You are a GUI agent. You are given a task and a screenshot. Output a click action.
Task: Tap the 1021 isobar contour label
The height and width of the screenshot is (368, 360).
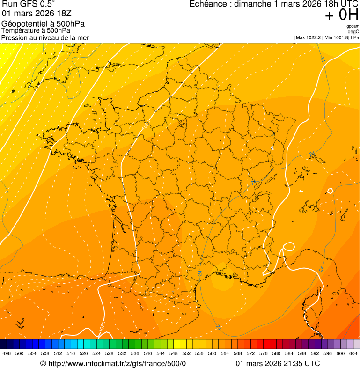[146, 126]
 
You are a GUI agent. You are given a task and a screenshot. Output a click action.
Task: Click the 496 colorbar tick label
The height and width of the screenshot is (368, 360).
[7, 353]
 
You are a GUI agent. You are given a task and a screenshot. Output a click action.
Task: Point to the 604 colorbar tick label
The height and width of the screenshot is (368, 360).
[353, 353]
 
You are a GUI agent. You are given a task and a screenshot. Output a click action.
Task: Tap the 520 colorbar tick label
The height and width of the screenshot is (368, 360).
[84, 353]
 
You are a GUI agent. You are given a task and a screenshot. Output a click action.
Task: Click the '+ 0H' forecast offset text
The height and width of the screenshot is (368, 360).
[342, 15]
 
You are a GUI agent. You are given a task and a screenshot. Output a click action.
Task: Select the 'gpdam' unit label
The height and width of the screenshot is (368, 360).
[353, 26]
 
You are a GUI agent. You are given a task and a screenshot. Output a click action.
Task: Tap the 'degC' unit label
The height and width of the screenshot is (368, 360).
[353, 32]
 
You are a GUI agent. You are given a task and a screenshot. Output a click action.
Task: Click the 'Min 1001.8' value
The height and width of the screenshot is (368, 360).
[338, 37]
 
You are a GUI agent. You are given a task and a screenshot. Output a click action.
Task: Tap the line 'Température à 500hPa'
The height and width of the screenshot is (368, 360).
[39, 31]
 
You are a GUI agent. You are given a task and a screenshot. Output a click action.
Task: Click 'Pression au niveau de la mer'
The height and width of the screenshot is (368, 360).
[45, 37]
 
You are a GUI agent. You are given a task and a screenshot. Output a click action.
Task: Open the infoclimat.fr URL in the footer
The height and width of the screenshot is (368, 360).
[117, 363]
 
